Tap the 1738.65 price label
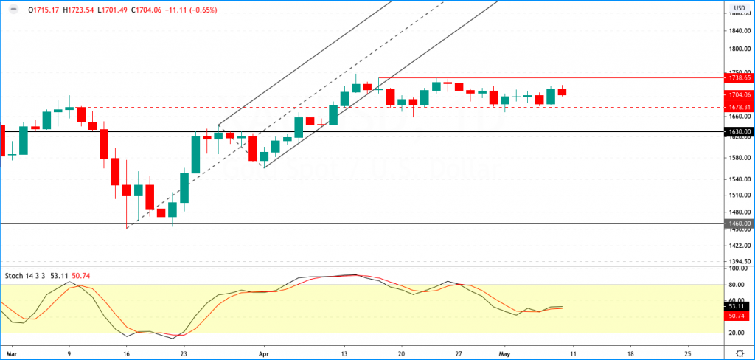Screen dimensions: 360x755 tap(739, 77)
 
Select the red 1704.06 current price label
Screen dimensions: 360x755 tap(739, 94)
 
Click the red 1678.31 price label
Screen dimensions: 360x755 tap(739, 108)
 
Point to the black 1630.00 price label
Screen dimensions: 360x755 tap(739, 131)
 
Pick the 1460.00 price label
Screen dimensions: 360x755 tap(739, 224)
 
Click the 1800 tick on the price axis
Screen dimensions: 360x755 tap(738, 49)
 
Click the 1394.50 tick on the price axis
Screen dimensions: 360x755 tap(738, 261)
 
